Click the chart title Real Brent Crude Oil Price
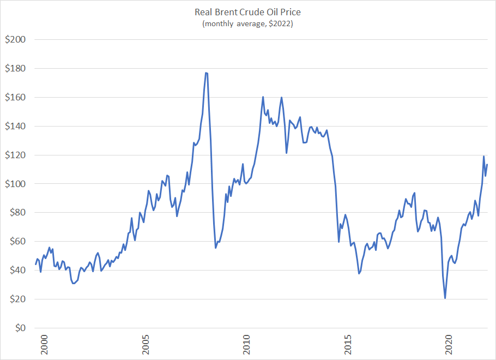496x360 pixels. click(247, 12)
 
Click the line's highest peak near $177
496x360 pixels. click(207, 73)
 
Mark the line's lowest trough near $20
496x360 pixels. click(445, 298)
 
